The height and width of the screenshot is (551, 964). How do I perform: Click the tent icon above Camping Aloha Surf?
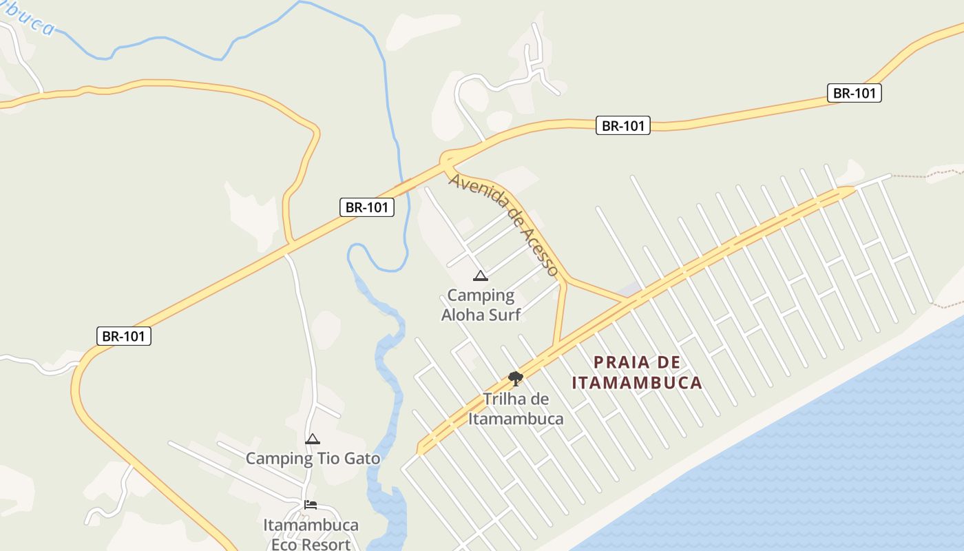pos(481,276)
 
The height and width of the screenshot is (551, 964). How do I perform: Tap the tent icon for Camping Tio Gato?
pos(313,439)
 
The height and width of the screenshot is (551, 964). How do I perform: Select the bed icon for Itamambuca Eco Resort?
pos(311,505)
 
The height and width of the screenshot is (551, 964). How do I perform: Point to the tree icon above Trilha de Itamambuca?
pos(515,377)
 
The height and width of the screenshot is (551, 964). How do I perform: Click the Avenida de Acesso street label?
pos(504,225)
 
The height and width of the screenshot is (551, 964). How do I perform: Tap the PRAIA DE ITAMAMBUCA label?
pos(637,373)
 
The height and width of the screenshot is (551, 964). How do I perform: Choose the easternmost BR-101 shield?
pos(854,94)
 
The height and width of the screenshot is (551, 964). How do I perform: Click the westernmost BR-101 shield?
pos(123,337)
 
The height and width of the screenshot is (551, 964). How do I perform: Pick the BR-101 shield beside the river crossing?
pos(367,207)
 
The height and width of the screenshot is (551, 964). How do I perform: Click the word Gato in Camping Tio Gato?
pos(357,458)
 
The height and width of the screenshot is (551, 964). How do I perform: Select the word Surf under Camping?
pos(501,315)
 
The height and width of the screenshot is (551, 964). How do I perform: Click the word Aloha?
pos(465,315)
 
